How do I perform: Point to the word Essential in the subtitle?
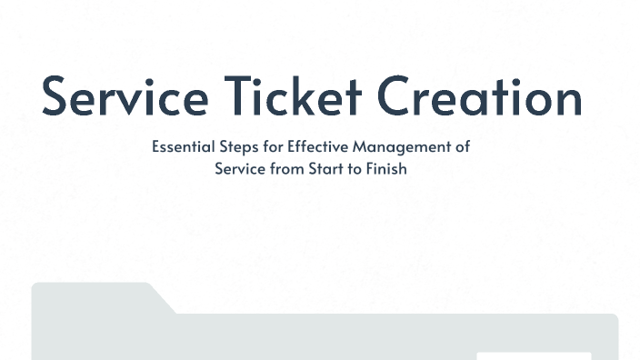(x=180, y=146)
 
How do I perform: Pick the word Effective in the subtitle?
(x=307, y=146)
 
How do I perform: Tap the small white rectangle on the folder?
(x=534, y=355)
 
